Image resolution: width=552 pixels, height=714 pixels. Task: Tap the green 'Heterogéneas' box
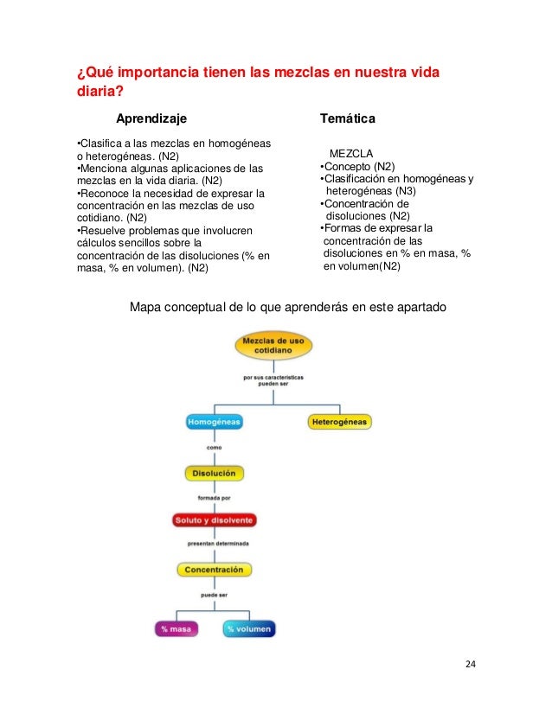click(x=339, y=422)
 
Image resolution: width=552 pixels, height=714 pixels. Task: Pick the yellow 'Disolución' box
click(x=214, y=473)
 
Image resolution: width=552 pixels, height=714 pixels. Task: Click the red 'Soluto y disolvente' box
click(x=214, y=520)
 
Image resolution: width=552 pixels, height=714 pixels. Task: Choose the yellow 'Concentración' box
click(x=214, y=570)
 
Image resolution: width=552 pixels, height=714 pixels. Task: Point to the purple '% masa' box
click(x=176, y=629)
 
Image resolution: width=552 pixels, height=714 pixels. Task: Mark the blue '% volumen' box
click(x=248, y=629)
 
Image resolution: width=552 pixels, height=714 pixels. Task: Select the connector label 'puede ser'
click(x=214, y=595)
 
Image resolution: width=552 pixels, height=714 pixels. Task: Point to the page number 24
click(x=471, y=664)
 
